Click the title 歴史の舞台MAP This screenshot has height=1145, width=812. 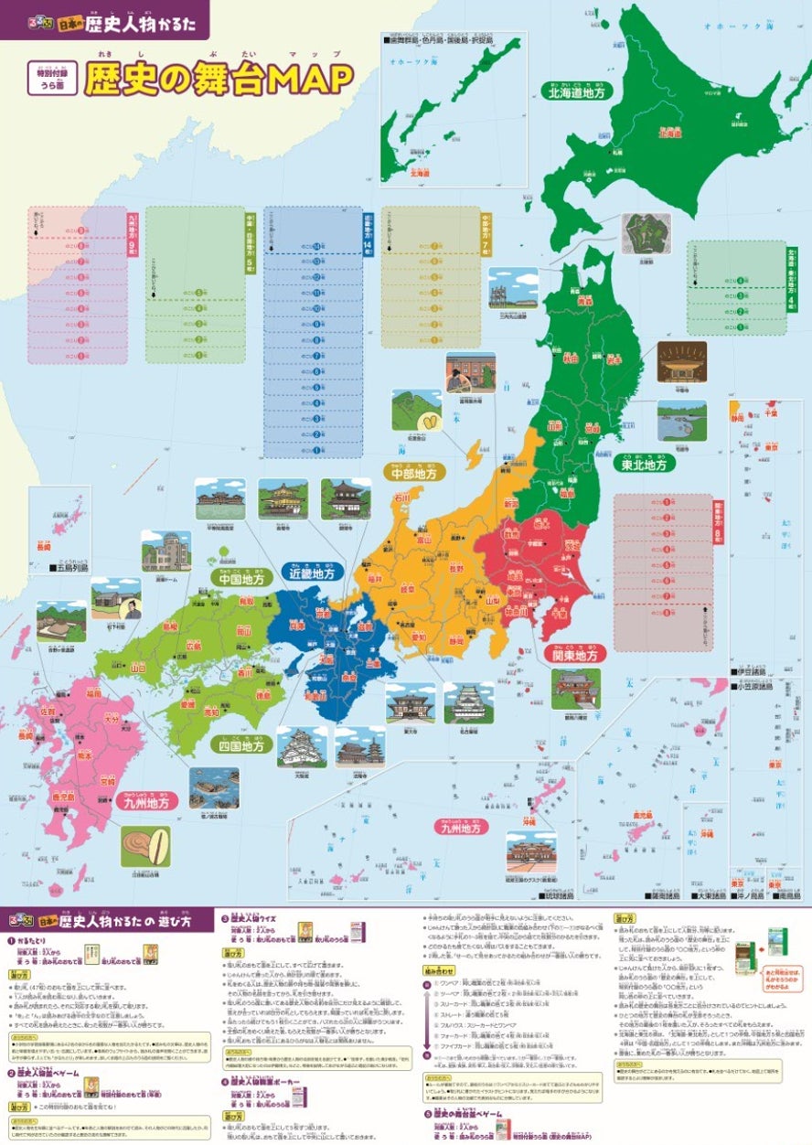[219, 80]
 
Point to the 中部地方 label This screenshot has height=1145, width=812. [414, 472]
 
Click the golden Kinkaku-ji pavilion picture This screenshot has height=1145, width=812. [283, 498]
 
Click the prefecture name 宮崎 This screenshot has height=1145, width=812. [108, 782]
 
